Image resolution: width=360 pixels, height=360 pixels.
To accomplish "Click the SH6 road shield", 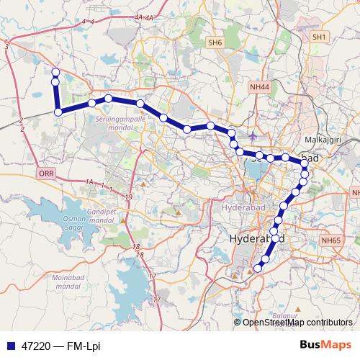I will pos(215,43).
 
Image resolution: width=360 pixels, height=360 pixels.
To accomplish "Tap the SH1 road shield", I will pos(320,36).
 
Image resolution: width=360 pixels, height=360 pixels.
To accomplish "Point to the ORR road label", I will pos(46,174).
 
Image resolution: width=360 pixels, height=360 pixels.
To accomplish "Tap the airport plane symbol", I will pos(252,135).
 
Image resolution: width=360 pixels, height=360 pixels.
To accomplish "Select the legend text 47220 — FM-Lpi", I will pos(60,346).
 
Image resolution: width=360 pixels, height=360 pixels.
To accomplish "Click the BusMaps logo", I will pos(325,346).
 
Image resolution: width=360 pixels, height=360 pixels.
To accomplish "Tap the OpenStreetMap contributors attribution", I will pos(297,322).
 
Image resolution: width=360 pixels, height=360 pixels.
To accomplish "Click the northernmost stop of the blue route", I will pos(55,71).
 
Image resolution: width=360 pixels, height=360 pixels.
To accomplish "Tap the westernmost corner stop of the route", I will pos(58,112).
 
